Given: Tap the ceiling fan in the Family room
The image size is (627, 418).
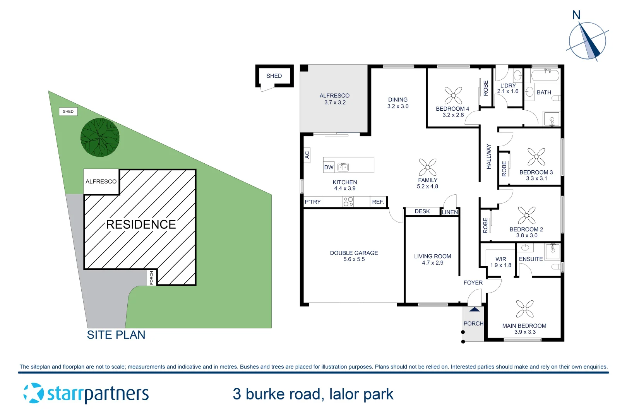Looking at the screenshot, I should click(x=427, y=167).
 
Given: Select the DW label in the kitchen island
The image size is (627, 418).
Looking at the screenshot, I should click(x=329, y=167).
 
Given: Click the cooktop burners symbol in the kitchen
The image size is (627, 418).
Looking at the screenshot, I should click(x=348, y=202).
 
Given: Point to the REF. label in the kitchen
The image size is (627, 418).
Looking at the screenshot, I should click(x=378, y=202).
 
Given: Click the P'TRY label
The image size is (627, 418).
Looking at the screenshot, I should click(x=313, y=202).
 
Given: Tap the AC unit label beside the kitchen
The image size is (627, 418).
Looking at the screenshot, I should click(x=307, y=155).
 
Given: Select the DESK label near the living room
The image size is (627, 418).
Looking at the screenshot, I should click(x=422, y=211).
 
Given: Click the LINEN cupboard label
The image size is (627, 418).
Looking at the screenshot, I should click(x=450, y=212).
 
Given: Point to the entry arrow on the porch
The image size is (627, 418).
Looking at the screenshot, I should click(x=475, y=309).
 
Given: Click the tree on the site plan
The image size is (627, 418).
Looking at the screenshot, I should click(x=100, y=137).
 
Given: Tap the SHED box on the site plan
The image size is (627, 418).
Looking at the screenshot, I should click(x=68, y=111).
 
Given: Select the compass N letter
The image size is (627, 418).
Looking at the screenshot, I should click(x=576, y=15).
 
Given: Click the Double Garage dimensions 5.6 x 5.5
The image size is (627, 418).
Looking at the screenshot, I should click(x=354, y=259).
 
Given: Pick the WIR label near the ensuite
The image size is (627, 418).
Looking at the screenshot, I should click(x=501, y=259).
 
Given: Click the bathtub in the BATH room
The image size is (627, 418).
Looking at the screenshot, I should click(x=545, y=75).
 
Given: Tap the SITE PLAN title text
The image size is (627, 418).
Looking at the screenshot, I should click(x=116, y=335).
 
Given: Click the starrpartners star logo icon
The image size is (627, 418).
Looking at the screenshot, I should click(x=34, y=393).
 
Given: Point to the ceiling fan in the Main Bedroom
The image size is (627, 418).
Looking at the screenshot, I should click(x=524, y=309).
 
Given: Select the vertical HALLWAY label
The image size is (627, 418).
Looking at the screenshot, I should click(x=488, y=156).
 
